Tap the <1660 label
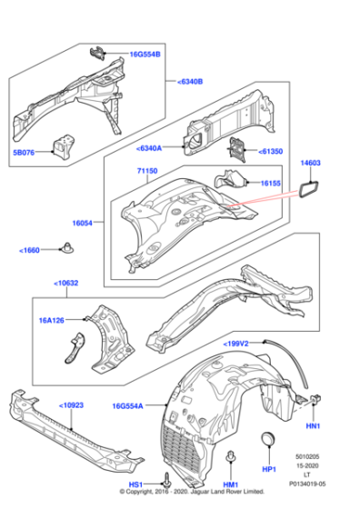(x=32, y=250)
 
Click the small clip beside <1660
(x=68, y=247)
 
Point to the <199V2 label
(x=238, y=344)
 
